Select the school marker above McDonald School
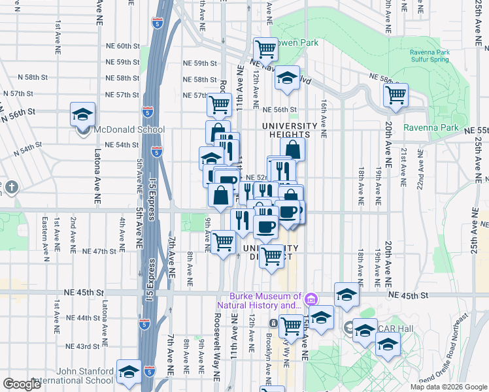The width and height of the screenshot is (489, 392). pos(82,114)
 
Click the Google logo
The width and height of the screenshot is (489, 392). pos(22,384)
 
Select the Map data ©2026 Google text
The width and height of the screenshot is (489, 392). pos(448,387)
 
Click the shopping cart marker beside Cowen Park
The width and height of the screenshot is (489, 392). pos(265,48)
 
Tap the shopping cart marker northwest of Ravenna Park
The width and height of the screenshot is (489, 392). pos(396,94)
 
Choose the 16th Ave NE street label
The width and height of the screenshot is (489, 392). pos(324,118)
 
